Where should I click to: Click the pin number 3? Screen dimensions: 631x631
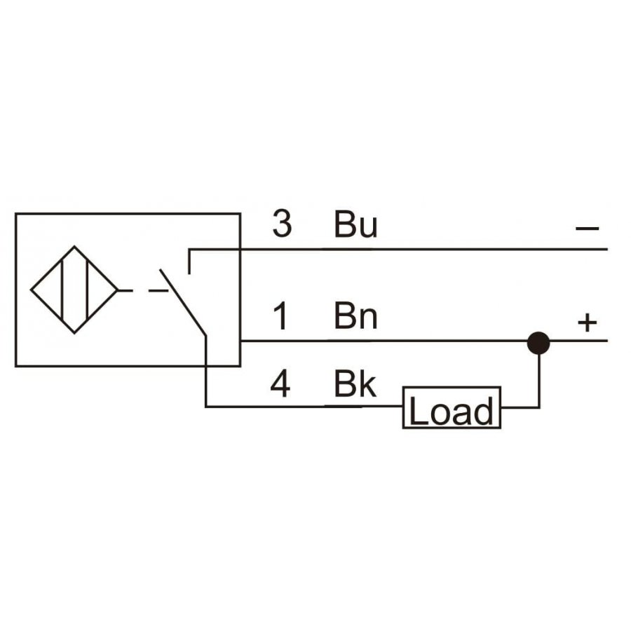pos(282,224)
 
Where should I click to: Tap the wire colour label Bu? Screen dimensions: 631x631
pos(355,224)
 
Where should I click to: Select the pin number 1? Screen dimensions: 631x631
pos(280,316)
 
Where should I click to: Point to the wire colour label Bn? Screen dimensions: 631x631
pos(355,316)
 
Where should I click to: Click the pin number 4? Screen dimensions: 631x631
pos(280,384)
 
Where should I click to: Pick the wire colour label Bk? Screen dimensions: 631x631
pos(355,384)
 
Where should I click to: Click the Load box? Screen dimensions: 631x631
pos(452,407)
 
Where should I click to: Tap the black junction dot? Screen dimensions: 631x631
pos(538,343)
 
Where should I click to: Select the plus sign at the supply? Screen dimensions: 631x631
pos(587,323)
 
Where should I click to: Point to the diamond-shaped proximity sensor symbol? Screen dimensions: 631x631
pos(74,290)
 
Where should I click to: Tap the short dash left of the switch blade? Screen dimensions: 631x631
pos(158,290)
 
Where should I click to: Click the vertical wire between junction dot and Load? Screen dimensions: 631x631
pos(539,381)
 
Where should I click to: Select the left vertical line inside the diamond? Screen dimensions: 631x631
pos(62,290)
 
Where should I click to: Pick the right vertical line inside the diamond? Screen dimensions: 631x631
pos(87,290)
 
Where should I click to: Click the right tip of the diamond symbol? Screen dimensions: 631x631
pos(118,290)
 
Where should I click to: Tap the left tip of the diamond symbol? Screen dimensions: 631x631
pos(31,290)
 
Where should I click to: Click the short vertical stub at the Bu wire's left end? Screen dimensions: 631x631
pos(189,262)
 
